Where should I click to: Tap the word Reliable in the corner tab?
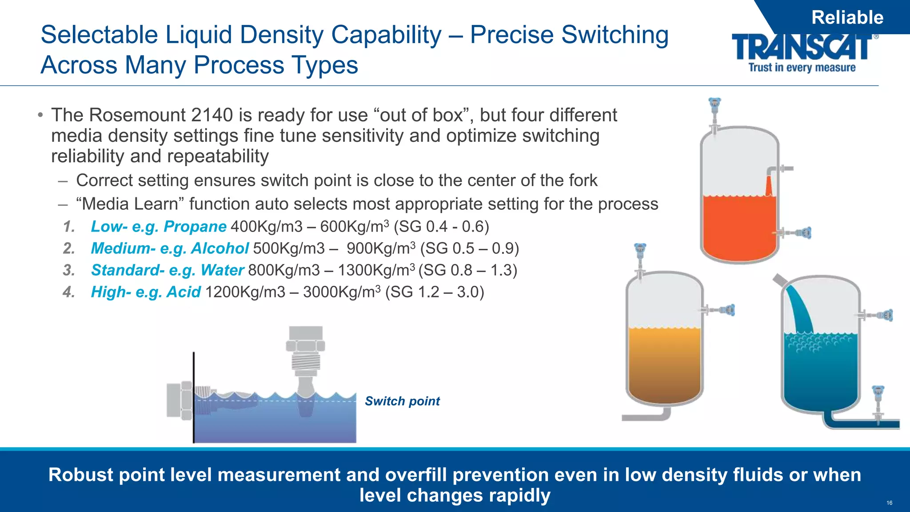(x=847, y=18)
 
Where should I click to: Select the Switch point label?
(x=402, y=401)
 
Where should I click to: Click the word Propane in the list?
(x=195, y=227)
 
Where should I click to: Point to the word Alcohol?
(x=220, y=248)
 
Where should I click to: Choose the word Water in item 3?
(x=222, y=270)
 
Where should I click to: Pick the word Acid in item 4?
(x=184, y=292)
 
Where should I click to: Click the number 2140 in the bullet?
(x=212, y=115)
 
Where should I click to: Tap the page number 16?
(x=889, y=503)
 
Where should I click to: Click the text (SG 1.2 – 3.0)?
(x=434, y=292)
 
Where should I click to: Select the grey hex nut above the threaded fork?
(x=306, y=345)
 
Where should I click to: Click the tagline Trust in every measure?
(x=802, y=68)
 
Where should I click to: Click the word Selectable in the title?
(x=99, y=35)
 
